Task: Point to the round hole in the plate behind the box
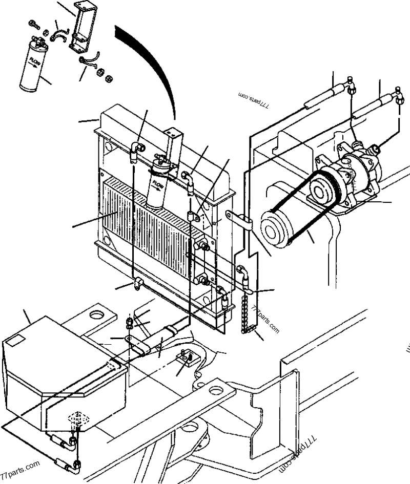coord(96,313)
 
